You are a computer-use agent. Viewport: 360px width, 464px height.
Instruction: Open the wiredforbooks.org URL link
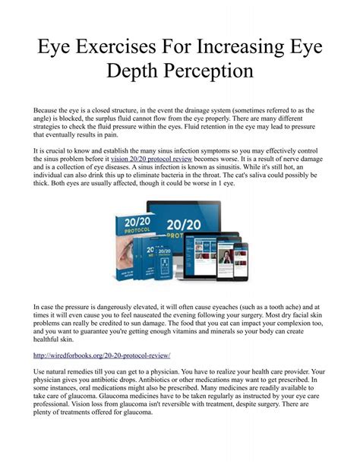pos(102,355)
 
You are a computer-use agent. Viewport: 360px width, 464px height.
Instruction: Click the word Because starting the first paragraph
pos(50,111)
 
